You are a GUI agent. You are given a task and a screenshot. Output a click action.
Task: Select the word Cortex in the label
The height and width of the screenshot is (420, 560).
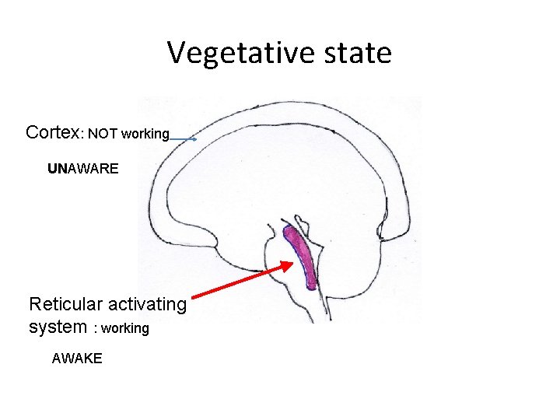tap(52, 132)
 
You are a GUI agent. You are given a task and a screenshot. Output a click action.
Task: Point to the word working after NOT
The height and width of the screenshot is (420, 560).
tap(145, 134)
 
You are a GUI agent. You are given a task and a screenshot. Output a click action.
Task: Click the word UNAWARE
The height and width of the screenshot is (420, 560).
tap(83, 168)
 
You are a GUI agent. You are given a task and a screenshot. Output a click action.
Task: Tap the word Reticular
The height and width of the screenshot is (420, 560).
tap(65, 304)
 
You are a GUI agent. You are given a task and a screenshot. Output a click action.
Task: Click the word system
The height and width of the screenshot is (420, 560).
tap(58, 327)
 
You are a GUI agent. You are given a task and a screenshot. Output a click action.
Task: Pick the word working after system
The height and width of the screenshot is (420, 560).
tap(124, 328)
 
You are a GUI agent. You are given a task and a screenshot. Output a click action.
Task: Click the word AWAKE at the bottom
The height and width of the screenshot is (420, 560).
tap(76, 359)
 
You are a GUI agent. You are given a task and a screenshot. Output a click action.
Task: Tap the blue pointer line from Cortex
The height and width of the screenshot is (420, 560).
tap(182, 139)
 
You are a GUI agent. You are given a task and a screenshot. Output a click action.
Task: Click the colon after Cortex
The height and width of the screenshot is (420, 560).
tap(82, 135)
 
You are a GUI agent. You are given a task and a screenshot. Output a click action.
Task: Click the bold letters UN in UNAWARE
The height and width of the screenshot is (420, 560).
tap(58, 168)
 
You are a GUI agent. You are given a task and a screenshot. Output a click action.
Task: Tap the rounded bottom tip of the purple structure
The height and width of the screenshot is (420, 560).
tap(311, 285)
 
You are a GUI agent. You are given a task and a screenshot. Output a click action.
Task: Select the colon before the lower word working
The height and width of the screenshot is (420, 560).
tap(95, 329)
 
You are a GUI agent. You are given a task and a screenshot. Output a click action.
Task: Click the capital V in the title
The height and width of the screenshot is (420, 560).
tap(177, 54)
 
